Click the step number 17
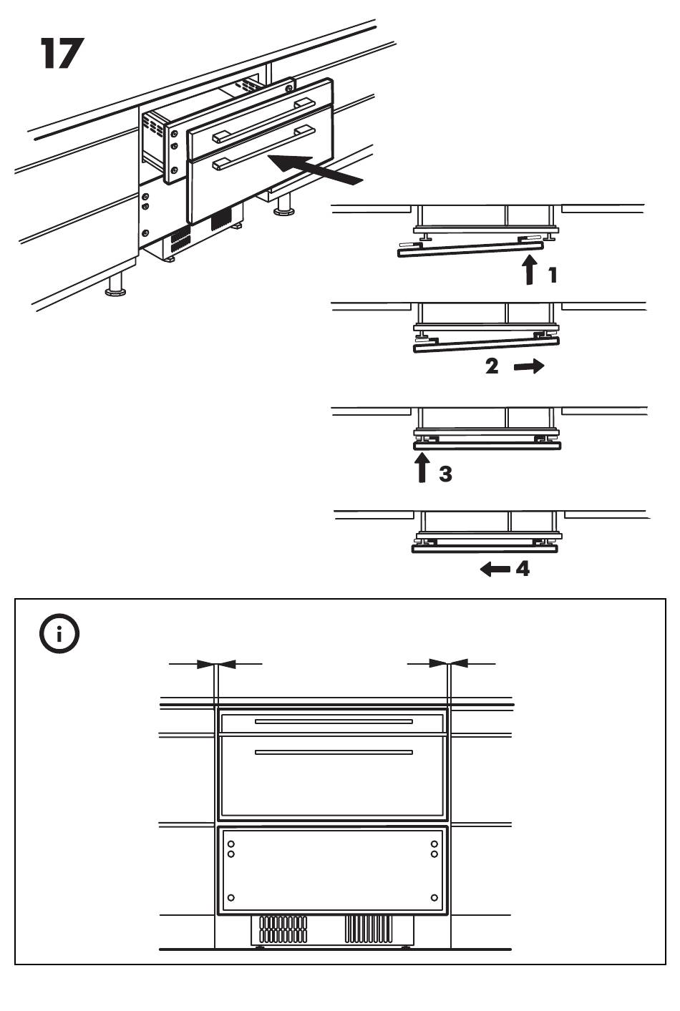62,54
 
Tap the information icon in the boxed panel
59,633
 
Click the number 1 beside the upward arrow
552,275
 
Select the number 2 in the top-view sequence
492,366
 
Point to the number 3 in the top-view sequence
445,474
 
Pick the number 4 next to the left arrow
523,570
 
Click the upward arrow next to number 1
529,270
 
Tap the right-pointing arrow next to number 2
529,366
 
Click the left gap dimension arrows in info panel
216,664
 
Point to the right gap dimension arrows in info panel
449,664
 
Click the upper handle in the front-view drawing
334,721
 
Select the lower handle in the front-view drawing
334,752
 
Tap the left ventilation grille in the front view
283,929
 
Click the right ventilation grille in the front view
369,929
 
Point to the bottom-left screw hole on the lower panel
231,897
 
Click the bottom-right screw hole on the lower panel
434,897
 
